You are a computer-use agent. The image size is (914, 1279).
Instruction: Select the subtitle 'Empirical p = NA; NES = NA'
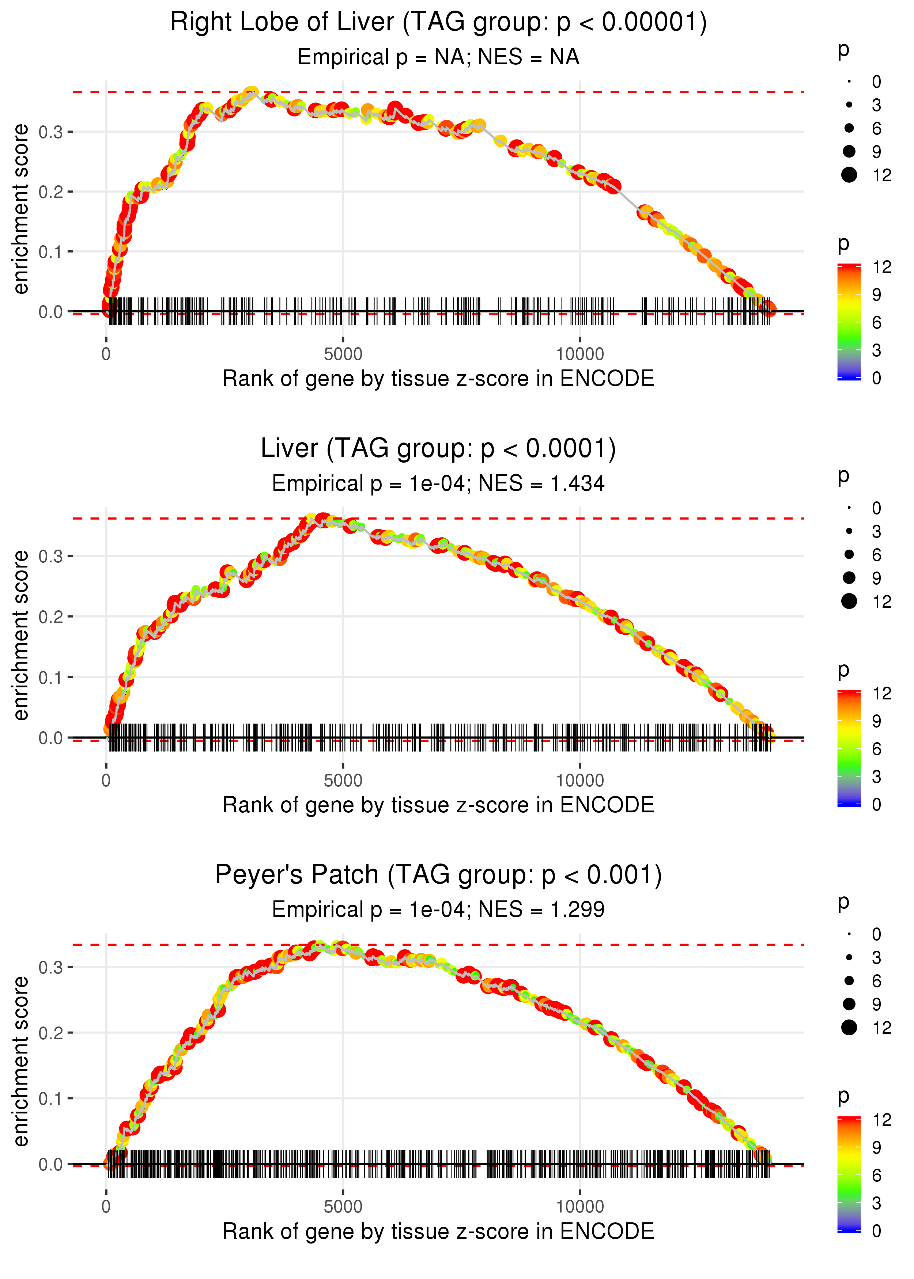(438, 57)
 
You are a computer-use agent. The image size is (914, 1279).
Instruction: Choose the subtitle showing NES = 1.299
(438, 910)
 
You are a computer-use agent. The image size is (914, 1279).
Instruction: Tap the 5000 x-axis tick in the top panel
(343, 354)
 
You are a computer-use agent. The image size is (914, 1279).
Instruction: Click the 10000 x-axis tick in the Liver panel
(580, 781)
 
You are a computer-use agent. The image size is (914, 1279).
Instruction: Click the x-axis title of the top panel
(438, 379)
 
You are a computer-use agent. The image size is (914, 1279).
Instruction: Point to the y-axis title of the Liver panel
(21, 635)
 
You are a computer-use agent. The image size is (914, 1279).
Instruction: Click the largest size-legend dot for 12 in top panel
(849, 175)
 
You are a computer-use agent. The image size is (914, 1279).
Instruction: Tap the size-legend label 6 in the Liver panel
(876, 555)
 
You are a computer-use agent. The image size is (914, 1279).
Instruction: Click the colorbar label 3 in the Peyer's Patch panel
(876, 1203)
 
